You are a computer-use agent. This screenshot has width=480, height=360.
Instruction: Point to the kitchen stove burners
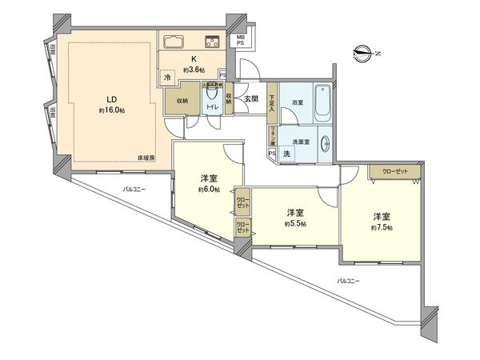click(x=214, y=42)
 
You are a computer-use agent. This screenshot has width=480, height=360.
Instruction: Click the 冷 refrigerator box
click(x=167, y=78)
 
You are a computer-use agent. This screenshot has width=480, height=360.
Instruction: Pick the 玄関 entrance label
click(x=251, y=99)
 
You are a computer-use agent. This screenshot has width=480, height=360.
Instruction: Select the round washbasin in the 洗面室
click(x=326, y=142)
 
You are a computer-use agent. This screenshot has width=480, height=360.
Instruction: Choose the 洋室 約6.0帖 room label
click(x=210, y=183)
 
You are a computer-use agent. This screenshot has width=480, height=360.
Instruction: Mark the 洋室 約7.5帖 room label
click(x=380, y=222)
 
